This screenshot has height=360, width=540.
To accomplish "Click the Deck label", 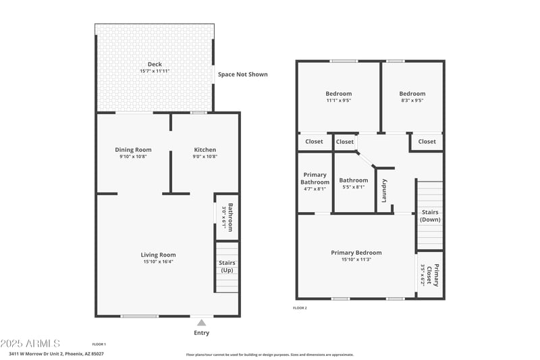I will (155, 65).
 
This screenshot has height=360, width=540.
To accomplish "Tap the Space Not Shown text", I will (242, 74).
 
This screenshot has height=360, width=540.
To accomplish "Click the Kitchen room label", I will (205, 150).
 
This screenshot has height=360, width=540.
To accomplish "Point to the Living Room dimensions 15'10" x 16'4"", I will (158, 261).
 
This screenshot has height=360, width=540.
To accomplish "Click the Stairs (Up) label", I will (227, 267).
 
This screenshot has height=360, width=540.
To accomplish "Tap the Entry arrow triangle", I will (201, 323).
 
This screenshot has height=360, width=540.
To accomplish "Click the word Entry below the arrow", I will (201, 332).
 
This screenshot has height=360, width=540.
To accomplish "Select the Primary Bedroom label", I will (356, 253).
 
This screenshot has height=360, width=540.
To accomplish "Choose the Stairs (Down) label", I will (430, 215).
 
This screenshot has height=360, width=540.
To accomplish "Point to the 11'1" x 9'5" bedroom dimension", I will (338, 101).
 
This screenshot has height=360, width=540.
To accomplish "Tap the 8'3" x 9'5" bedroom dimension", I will (412, 101).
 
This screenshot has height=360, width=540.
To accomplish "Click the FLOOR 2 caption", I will (300, 308).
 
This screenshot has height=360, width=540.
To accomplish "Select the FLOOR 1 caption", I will (99, 344).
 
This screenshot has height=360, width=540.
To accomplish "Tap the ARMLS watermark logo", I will (30, 344).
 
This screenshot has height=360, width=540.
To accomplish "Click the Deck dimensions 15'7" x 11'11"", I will (155, 72).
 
